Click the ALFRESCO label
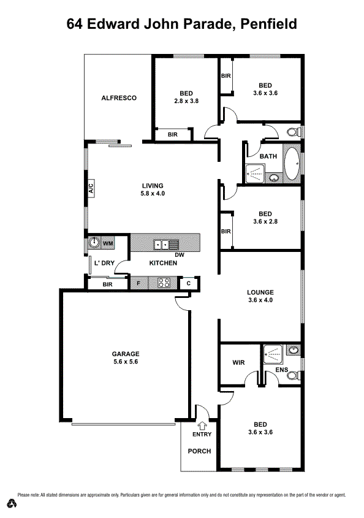point(118,98)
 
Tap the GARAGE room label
point(125,354)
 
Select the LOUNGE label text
point(260,292)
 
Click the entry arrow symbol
point(202,424)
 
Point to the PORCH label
point(199,451)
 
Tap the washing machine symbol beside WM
point(94,243)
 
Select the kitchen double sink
point(162,244)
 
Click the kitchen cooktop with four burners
point(164,283)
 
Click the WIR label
point(238,362)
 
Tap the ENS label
point(281,370)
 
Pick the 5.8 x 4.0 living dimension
point(153,194)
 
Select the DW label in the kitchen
point(180,254)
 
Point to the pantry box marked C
point(189,283)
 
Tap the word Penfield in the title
point(269,24)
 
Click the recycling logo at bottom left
point(12,503)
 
